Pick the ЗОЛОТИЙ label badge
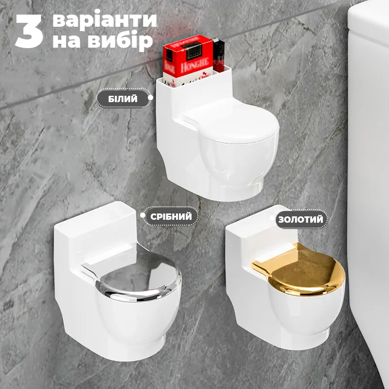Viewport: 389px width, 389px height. [301, 219]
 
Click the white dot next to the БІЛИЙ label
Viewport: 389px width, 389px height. [151, 98]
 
